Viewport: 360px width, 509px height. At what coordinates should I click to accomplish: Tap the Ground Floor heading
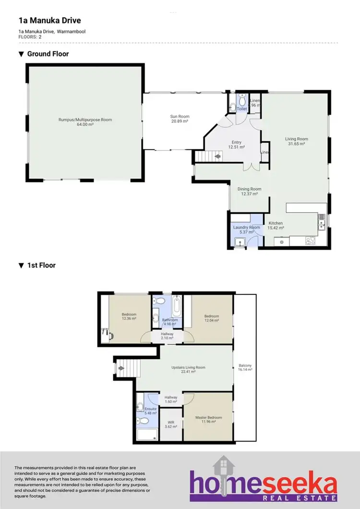pyautogui.click(x=48, y=54)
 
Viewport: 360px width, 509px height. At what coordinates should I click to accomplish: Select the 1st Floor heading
pyautogui.click(x=41, y=265)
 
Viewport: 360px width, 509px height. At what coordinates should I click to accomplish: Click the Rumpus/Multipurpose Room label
pyautogui.click(x=85, y=120)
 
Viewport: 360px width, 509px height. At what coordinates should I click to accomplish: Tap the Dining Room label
pyautogui.click(x=250, y=189)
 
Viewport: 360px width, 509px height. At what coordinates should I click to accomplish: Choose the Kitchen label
pyautogui.click(x=276, y=223)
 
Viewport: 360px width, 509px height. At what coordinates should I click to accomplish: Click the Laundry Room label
pyautogui.click(x=246, y=228)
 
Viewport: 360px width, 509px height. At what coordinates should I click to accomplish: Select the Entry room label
pyautogui.click(x=237, y=142)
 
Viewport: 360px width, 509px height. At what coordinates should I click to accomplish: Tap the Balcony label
pyautogui.click(x=245, y=366)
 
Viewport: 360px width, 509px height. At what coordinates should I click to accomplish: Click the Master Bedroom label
pyautogui.click(x=208, y=418)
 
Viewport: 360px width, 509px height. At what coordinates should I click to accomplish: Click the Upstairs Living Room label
pyautogui.click(x=188, y=368)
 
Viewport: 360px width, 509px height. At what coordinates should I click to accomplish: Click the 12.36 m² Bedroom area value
pyautogui.click(x=129, y=319)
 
